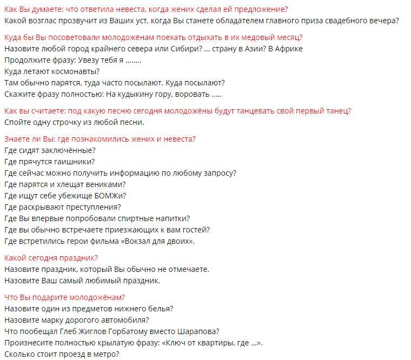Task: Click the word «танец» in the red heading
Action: tap(335, 111)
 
